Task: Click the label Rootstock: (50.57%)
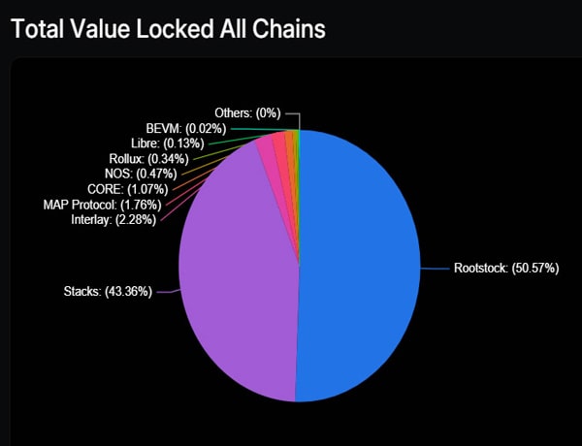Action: tap(506, 268)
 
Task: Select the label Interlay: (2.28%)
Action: tap(113, 220)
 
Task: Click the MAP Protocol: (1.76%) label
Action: tap(106, 205)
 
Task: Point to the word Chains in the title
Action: tap(288, 28)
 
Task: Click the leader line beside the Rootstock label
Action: tap(435, 268)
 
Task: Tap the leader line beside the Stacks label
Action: tap(166, 291)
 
